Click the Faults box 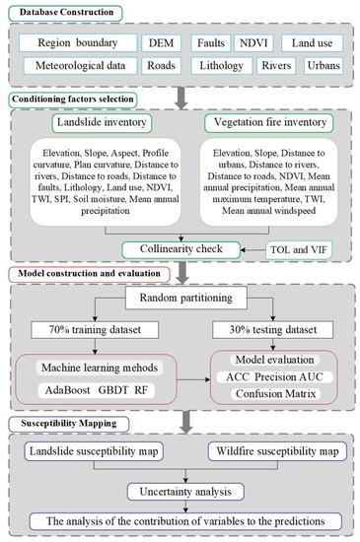coord(212,44)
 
